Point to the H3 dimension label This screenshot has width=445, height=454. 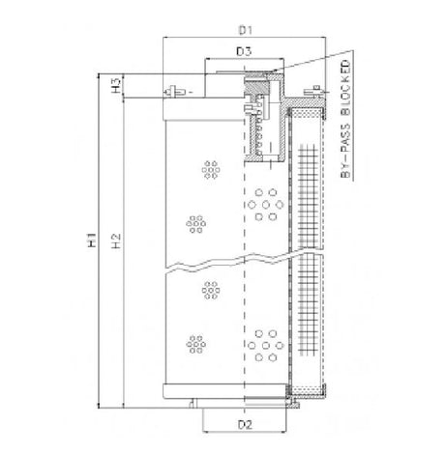point(116,86)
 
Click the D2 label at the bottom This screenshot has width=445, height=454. point(245,423)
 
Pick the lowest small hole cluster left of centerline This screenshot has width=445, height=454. point(199,344)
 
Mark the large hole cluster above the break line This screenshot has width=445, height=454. point(261,204)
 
